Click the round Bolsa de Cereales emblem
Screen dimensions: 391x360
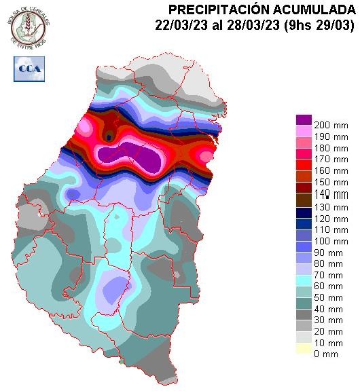coord(27,24)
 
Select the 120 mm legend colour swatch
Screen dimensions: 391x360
coord(303,212)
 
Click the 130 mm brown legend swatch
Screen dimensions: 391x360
coord(303,200)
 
